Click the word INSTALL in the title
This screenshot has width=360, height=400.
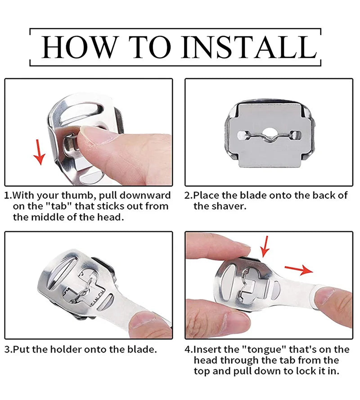(x=249, y=48)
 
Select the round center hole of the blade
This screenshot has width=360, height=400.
(x=269, y=132)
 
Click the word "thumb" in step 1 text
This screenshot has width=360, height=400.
(x=76, y=196)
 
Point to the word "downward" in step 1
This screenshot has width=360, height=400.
(x=145, y=196)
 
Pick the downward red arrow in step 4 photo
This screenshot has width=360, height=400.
(x=265, y=247)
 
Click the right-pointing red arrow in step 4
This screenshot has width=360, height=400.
(x=299, y=270)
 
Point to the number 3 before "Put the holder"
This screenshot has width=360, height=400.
(x=7, y=349)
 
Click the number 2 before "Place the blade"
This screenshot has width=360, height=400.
(x=188, y=196)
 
